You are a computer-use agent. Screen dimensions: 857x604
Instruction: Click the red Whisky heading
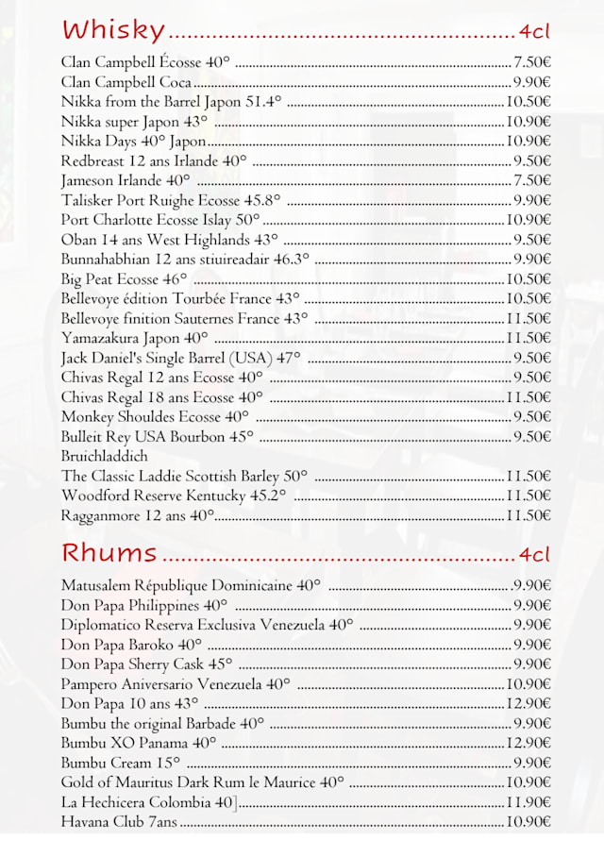[x=112, y=30]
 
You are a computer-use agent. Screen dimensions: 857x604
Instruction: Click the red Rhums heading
[x=109, y=552]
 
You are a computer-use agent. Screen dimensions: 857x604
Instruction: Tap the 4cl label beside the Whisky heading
[x=534, y=31]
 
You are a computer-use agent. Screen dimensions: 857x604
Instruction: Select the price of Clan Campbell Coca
[x=532, y=82]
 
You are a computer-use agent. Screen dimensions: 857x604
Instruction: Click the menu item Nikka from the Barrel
[x=171, y=102]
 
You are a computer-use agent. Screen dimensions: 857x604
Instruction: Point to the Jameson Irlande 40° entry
[x=126, y=180]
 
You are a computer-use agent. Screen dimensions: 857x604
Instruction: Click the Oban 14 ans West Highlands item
[x=170, y=240]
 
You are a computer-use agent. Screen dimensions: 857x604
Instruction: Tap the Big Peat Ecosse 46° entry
[x=124, y=279]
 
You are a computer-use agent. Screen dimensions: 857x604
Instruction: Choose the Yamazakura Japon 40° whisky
[x=134, y=338]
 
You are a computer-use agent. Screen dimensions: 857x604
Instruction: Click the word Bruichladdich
[x=104, y=457]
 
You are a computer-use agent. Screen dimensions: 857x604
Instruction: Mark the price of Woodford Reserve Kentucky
[x=528, y=496]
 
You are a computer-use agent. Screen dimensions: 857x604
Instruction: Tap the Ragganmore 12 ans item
[x=138, y=515]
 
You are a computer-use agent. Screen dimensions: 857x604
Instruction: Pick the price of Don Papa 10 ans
[x=528, y=703]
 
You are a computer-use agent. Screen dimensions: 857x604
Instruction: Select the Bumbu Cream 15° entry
[x=121, y=763]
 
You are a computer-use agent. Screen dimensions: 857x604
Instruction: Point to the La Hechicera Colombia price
[x=528, y=802]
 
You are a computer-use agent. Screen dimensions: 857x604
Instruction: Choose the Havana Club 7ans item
[x=119, y=822]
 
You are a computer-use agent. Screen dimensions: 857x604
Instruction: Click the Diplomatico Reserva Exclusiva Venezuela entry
[x=207, y=625]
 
